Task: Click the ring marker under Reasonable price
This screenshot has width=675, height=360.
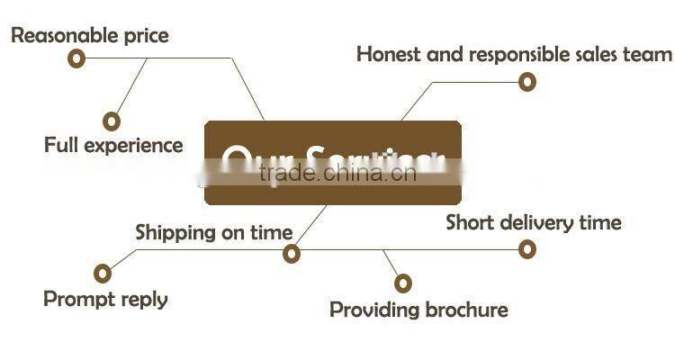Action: point(76,58)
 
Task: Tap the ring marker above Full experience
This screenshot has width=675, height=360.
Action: point(112,121)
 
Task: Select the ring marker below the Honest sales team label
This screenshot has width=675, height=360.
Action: point(527,82)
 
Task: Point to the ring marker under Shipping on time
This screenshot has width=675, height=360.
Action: point(291,254)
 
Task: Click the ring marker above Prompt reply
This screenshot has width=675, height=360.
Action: point(103,273)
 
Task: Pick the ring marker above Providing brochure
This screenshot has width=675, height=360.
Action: point(402,283)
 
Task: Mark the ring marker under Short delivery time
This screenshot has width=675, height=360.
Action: point(527,249)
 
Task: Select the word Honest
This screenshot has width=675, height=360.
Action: point(389,53)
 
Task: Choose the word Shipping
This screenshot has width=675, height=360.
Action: point(176,232)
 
